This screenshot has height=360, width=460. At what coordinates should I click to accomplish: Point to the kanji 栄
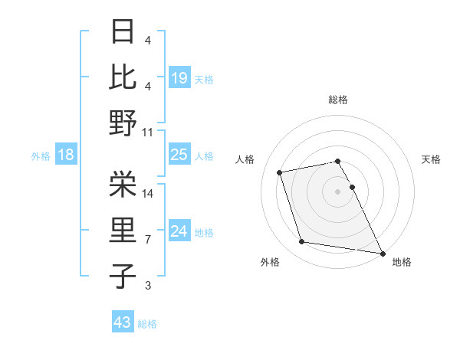pyautogui.click(x=123, y=184)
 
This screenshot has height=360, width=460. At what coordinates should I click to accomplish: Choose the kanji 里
pyautogui.click(x=123, y=231)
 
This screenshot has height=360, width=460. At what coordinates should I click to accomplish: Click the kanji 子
pyautogui.click(x=123, y=276)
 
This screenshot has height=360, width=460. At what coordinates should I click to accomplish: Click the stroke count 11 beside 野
pyautogui.click(x=149, y=132)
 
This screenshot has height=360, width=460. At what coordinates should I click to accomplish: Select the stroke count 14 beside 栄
pyautogui.click(x=149, y=193)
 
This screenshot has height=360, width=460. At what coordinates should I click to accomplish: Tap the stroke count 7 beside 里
pyautogui.click(x=148, y=240)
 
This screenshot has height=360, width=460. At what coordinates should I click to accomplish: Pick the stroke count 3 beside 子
pyautogui.click(x=148, y=286)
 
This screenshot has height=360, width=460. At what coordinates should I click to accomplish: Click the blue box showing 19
pyautogui.click(x=179, y=77)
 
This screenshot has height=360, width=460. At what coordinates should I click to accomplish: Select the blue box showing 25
pyautogui.click(x=179, y=155)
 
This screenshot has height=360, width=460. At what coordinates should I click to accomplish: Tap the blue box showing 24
pyautogui.click(x=179, y=231)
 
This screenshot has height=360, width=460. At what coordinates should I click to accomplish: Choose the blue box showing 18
pyautogui.click(x=65, y=155)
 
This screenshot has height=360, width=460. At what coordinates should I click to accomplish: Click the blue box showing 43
pyautogui.click(x=122, y=322)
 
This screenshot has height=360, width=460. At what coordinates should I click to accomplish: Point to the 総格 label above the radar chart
pyautogui.click(x=337, y=100)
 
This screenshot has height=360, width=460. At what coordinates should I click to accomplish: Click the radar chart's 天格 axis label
pyautogui.click(x=431, y=159)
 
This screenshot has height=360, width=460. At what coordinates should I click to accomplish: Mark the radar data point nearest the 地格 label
pyautogui.click(x=382, y=252)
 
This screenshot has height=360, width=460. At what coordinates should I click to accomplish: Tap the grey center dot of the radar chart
pyautogui.click(x=337, y=191)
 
